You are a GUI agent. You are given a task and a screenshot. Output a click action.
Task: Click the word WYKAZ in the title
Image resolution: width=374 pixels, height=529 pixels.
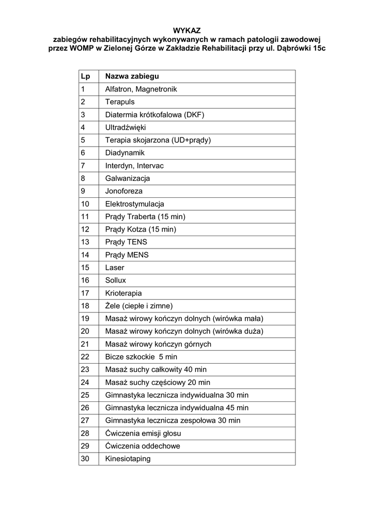186,30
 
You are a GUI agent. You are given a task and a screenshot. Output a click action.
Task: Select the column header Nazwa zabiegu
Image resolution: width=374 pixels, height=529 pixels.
132,76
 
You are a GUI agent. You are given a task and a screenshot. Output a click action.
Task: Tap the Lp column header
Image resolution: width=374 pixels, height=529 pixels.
85,76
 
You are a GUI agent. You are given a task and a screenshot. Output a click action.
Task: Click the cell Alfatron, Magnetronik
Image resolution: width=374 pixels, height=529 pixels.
141,89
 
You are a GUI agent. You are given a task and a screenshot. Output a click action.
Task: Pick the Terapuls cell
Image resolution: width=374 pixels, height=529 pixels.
120,102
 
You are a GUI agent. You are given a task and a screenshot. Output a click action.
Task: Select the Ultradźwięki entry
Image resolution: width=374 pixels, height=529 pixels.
126,127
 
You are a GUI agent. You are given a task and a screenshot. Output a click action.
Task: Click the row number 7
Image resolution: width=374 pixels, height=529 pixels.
83,166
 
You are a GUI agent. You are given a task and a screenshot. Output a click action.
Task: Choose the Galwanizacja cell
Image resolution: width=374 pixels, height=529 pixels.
128,178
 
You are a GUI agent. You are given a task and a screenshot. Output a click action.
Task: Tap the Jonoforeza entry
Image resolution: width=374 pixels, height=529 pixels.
124,191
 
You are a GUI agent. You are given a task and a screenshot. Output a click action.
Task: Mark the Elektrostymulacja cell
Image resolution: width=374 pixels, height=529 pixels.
135,204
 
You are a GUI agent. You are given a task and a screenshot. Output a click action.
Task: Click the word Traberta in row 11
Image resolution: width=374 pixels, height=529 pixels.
142,216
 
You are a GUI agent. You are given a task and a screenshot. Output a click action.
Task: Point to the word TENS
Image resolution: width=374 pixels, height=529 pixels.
137,242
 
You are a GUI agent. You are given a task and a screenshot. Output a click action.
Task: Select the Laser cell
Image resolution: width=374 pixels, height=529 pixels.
115,268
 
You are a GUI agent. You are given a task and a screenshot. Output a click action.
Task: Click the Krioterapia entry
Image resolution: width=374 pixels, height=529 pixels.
123,293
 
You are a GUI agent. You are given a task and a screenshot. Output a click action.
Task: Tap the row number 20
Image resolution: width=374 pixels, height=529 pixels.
85,331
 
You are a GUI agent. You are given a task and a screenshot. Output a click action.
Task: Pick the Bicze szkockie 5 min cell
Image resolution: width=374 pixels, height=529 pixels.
141,357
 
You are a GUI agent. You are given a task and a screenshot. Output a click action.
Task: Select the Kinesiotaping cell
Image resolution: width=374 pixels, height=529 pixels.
128,459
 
